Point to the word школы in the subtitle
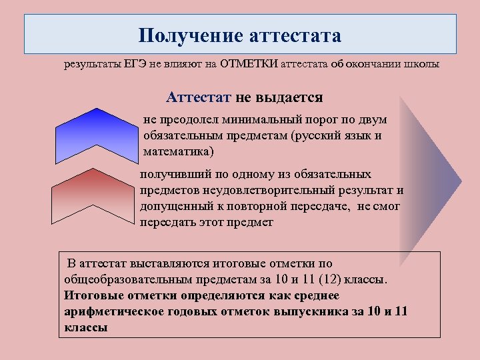click(x=424, y=65)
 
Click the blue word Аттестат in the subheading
click(x=198, y=97)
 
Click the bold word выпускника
click(x=323, y=312)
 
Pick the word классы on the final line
click(x=86, y=328)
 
